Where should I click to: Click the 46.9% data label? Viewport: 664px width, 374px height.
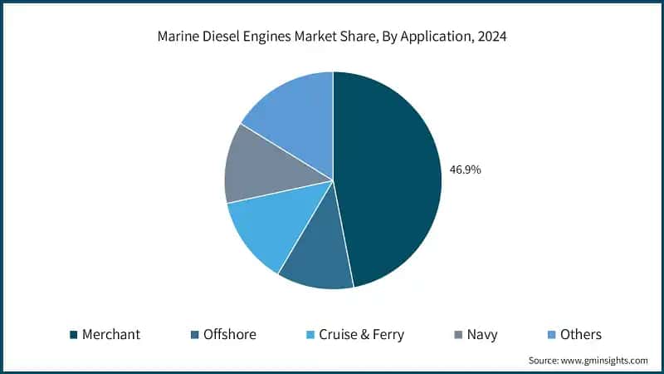pyautogui.click(x=466, y=170)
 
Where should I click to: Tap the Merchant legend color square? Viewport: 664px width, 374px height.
pyautogui.click(x=74, y=335)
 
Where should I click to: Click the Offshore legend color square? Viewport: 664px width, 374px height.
pyautogui.click(x=196, y=335)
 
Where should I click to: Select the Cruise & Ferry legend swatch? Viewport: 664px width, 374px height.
pyautogui.click(x=310, y=335)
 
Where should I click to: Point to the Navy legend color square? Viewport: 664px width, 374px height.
pyautogui.click(x=458, y=335)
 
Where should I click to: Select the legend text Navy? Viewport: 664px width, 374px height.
pyautogui.click(x=482, y=335)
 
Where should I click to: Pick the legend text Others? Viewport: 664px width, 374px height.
pyautogui.click(x=580, y=335)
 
